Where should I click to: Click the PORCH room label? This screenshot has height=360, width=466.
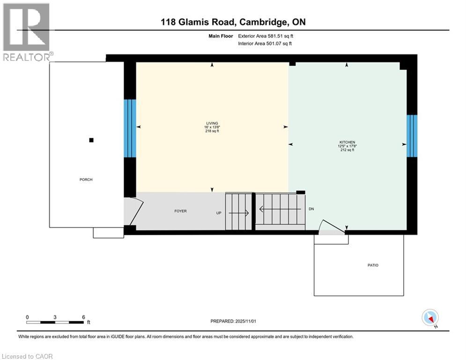pos(86,180)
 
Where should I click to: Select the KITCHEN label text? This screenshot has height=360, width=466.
pos(347,142)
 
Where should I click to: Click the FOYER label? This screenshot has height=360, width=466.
pos(180,211)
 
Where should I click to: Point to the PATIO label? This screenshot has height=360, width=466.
pos(373,265)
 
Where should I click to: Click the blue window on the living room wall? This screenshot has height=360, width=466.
pos(130,128)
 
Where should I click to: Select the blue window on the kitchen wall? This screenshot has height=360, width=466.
pos(411,136)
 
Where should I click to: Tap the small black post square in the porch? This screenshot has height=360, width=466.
pos(91,140)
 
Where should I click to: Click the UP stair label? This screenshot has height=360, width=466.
pos(219,213)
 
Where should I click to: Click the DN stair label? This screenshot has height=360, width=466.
pos(311,209)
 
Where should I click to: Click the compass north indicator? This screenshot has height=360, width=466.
pos(430,318)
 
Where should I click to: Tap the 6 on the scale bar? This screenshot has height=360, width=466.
pos(83,317)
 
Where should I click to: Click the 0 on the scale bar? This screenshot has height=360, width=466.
pos(28,317)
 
